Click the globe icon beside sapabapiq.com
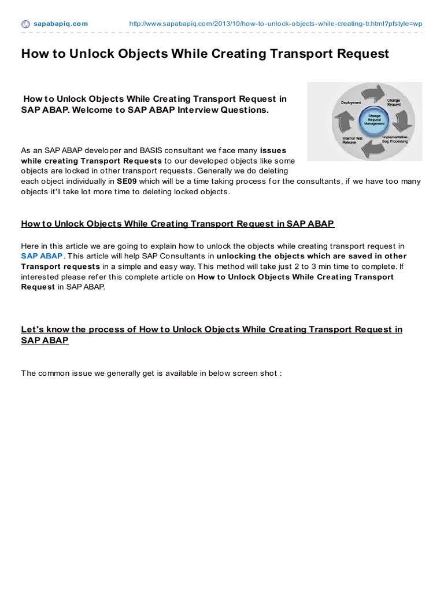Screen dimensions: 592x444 (x=25, y=24)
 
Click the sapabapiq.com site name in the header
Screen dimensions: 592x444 (x=60, y=24)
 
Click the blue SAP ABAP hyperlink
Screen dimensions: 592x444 (x=42, y=256)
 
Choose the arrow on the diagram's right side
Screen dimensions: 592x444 (x=403, y=120)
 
